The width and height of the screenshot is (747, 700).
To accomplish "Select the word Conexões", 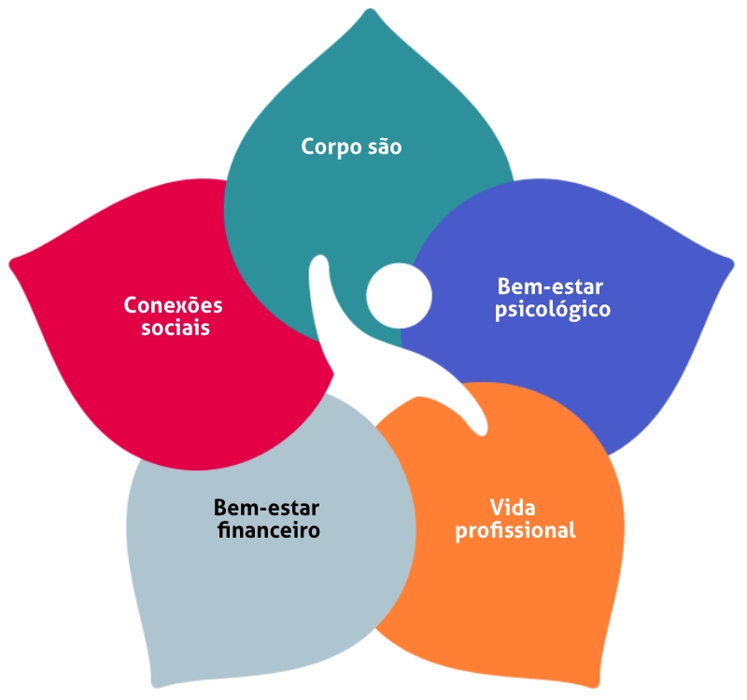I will tap(175, 306).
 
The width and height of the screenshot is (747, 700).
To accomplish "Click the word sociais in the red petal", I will tap(175, 329).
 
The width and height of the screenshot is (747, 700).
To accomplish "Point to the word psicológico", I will tap(553, 308).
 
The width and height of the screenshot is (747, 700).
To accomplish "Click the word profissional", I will tap(515, 531).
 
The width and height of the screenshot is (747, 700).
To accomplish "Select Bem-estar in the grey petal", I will tap(267, 509).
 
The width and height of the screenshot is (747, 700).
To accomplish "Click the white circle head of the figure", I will tap(399, 296).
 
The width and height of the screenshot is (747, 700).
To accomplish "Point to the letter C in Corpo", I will tap(308, 147).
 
